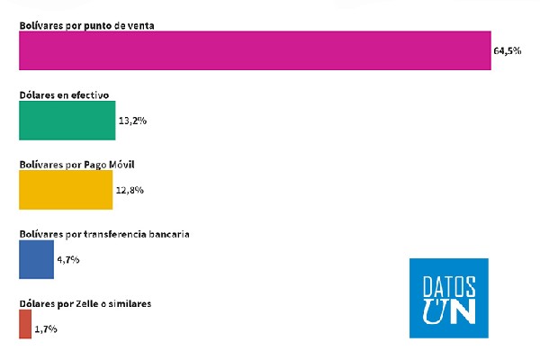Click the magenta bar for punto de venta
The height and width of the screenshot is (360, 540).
coord(255,51)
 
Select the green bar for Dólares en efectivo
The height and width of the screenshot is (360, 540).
coord(67,121)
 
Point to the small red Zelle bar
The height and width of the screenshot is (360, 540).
coord(24,325)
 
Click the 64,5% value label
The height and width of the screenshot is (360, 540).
coord(508,51)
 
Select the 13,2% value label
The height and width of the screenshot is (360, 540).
coord(131,121)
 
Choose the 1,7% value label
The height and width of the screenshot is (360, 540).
coord(46,329)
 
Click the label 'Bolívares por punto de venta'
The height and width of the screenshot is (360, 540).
coord(87,24)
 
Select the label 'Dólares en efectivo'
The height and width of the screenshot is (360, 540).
coord(64,94)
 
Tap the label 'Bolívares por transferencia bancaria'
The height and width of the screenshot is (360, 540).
coord(104,234)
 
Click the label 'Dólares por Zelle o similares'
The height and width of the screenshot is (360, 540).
coord(85,304)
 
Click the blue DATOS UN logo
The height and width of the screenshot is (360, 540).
coord(448,298)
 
